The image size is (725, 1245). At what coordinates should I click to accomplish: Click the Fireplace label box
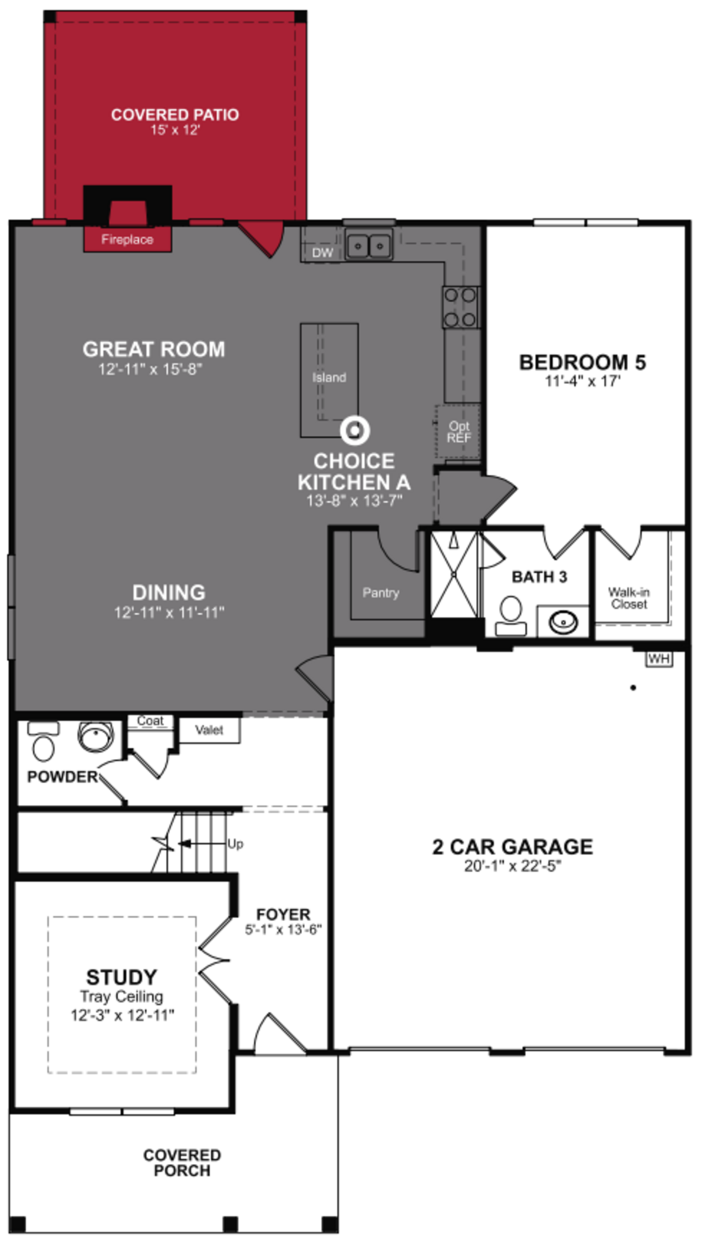click(x=127, y=240)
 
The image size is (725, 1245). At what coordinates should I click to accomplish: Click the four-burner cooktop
click(x=460, y=307)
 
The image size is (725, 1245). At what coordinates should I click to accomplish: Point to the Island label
click(x=329, y=378)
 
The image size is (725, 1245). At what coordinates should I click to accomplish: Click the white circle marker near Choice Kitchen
click(x=355, y=430)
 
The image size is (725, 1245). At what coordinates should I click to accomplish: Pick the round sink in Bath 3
click(x=563, y=622)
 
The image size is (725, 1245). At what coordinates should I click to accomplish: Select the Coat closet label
click(x=150, y=721)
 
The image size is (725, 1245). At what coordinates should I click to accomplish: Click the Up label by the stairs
click(x=235, y=844)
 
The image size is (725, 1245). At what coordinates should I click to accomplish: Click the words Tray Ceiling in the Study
click(x=121, y=996)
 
